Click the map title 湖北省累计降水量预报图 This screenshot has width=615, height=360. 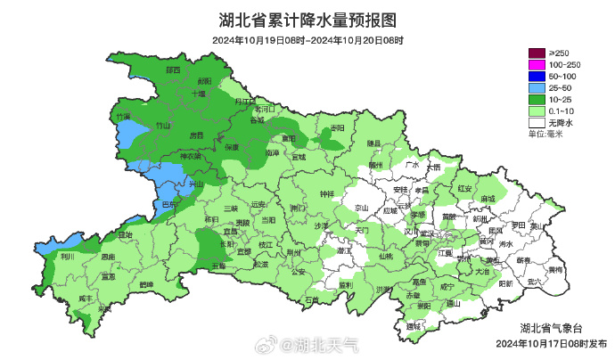(x=307, y=20)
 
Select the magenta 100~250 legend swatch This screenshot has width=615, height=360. (x=536, y=66)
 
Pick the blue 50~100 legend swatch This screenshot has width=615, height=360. (x=536, y=78)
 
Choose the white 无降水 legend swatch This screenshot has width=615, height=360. (x=536, y=123)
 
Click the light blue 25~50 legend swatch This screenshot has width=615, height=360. (x=536, y=89)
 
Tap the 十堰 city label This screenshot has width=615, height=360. (x=198, y=93)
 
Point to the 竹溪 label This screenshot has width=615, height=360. (x=122, y=117)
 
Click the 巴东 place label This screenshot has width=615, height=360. (x=168, y=205)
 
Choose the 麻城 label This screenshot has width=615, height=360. (x=487, y=200)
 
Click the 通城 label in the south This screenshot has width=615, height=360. (x=413, y=327)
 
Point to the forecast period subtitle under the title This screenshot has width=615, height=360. (x=307, y=40)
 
